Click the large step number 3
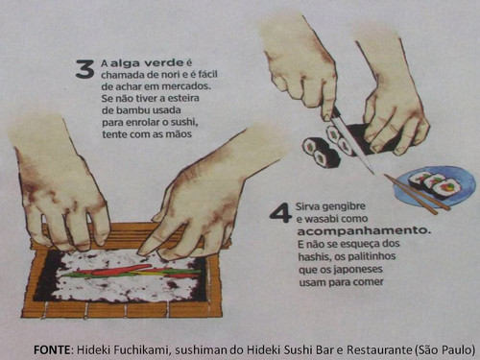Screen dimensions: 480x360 (84, 69)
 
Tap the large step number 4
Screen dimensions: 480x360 (280, 212)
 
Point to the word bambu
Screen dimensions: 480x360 (133, 110)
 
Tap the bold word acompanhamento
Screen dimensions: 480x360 (363, 231)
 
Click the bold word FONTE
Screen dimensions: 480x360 (52, 349)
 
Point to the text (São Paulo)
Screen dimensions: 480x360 (444, 349)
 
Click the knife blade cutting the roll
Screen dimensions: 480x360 (351, 142)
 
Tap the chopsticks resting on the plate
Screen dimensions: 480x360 (417, 194)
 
